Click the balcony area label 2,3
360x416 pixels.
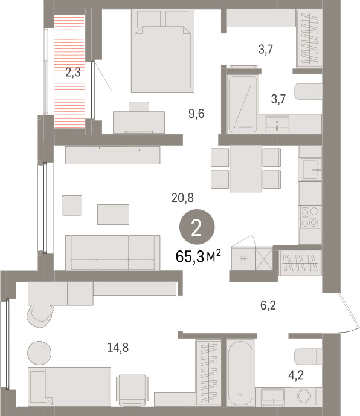73,72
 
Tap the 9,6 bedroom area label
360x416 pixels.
196,114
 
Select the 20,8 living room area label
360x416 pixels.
182,198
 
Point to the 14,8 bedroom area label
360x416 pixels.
118,347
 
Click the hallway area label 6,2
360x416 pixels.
268,305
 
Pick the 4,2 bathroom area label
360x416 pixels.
296,375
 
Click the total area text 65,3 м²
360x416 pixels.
198,256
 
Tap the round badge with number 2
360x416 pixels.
197,227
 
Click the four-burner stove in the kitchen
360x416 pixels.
310,216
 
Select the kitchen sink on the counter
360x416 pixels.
310,169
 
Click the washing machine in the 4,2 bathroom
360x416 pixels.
304,397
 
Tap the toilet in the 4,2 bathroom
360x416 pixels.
308,357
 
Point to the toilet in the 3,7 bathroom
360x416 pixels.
308,92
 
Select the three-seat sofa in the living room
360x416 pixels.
113,253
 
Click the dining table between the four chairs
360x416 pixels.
246,168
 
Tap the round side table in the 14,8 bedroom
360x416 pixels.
39,353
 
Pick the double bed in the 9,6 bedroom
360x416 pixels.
162,50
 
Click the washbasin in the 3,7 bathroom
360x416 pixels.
277,123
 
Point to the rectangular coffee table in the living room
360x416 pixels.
113,215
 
